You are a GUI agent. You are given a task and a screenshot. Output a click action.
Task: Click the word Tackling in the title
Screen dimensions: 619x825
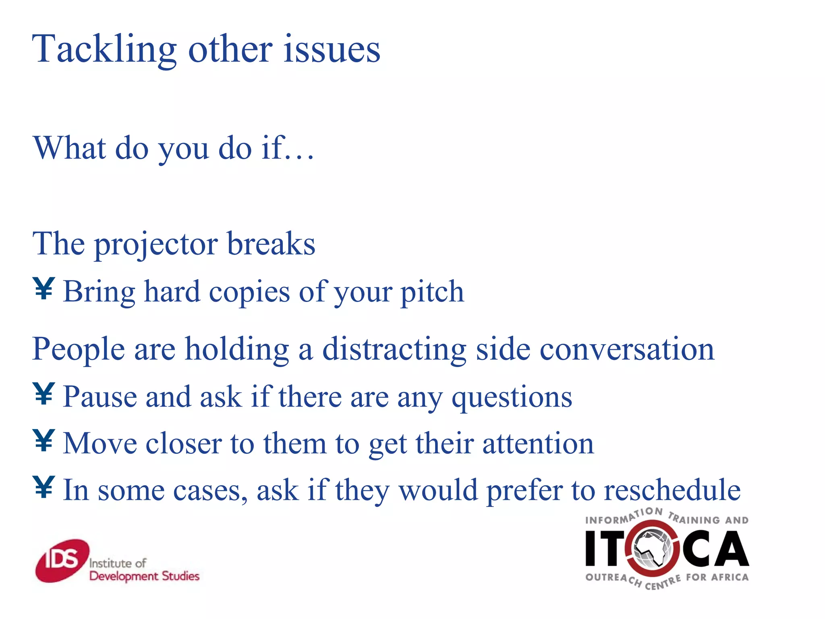104,50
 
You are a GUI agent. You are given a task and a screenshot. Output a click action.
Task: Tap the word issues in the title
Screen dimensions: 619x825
332,50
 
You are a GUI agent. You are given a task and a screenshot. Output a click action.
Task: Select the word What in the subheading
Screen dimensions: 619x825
70,148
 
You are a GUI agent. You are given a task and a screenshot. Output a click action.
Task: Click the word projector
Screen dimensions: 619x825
156,245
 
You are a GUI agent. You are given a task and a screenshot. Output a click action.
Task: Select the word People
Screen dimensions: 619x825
79,349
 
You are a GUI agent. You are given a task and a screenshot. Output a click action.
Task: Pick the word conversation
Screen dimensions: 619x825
627,349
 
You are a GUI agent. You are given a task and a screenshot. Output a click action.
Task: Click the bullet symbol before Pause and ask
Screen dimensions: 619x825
44,394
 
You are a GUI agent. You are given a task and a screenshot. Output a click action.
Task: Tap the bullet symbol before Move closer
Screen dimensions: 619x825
44,440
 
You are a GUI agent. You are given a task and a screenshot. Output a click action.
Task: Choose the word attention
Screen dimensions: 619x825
538,443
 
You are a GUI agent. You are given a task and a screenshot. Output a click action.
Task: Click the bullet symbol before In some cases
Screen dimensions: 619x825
44,487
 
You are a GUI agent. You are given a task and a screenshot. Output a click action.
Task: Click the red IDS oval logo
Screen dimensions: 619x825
62,561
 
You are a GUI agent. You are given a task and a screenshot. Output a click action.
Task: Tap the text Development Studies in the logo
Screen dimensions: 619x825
144,576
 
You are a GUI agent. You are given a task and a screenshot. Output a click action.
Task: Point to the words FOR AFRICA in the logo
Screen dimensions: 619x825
717,577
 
